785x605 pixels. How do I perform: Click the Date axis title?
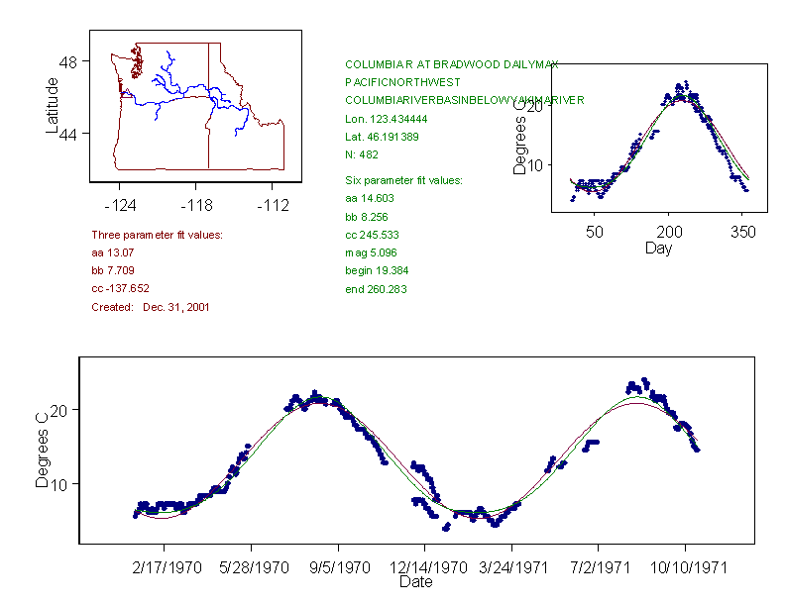point(415,582)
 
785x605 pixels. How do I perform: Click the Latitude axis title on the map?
point(53,106)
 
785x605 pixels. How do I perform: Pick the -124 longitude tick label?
point(120,206)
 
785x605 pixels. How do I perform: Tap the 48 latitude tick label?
point(69,61)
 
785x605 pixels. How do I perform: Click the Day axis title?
point(658,248)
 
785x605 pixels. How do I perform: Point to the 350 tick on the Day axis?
point(743,232)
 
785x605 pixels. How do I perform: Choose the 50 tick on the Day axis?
point(595,232)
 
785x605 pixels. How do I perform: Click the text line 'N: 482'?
point(361,154)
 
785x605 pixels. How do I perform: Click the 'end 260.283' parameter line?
point(376,289)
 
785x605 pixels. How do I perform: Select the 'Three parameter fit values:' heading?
point(157,235)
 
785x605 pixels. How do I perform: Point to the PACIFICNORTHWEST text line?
point(394,82)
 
